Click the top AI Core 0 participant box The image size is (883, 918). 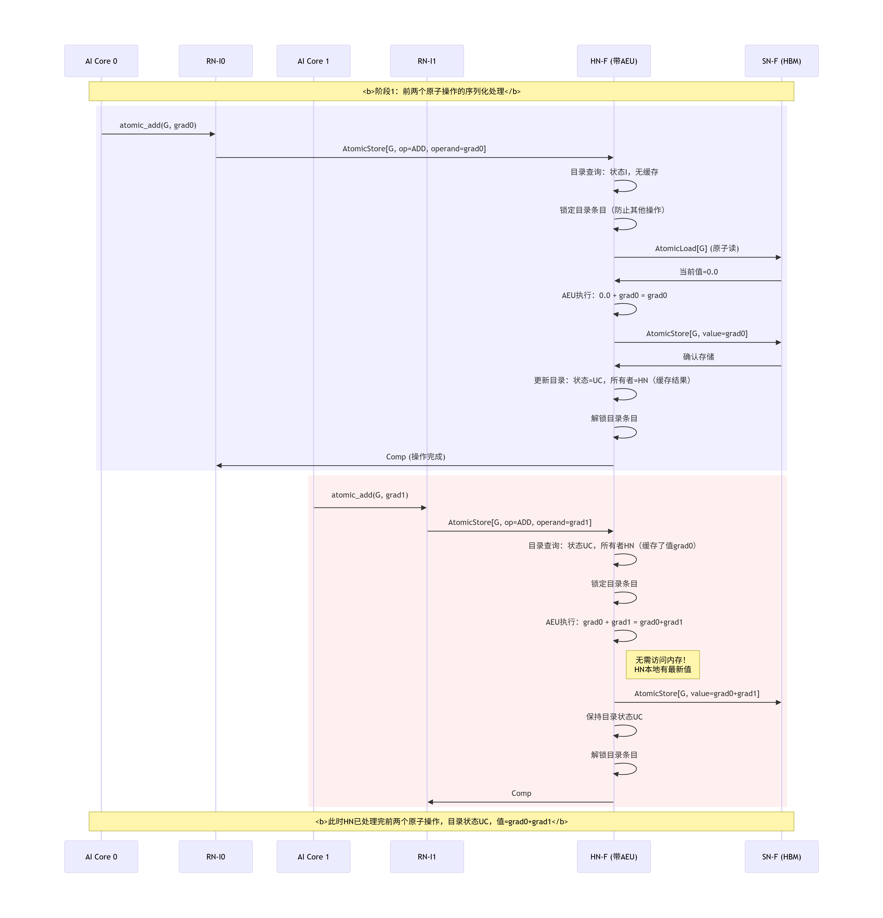pyautogui.click(x=101, y=61)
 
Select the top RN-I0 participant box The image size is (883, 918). pyautogui.click(x=215, y=61)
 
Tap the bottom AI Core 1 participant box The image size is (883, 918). pyautogui.click(x=313, y=857)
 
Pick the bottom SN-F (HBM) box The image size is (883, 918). pyautogui.click(x=781, y=857)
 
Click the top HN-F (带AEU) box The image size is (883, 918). pyautogui.click(x=614, y=61)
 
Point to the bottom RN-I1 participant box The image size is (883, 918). pyautogui.click(x=427, y=857)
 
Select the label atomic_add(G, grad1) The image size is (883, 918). pyautogui.click(x=370, y=495)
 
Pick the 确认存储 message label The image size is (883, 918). pyautogui.click(x=698, y=357)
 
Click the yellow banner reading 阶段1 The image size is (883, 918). pyautogui.click(x=441, y=91)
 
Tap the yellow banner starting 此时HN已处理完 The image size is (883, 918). pyautogui.click(x=441, y=821)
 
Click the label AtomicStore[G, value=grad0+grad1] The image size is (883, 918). pyautogui.click(x=697, y=694)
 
